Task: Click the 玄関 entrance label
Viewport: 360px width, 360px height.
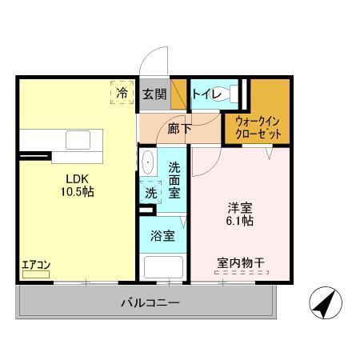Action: (x=154, y=94)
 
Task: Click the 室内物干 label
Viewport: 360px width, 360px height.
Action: (x=240, y=260)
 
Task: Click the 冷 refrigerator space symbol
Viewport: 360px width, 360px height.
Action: (x=122, y=94)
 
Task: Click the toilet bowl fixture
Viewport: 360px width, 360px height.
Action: (x=235, y=94)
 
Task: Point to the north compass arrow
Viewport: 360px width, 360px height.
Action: (x=326, y=303)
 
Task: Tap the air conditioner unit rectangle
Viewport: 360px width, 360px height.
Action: (x=35, y=274)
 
